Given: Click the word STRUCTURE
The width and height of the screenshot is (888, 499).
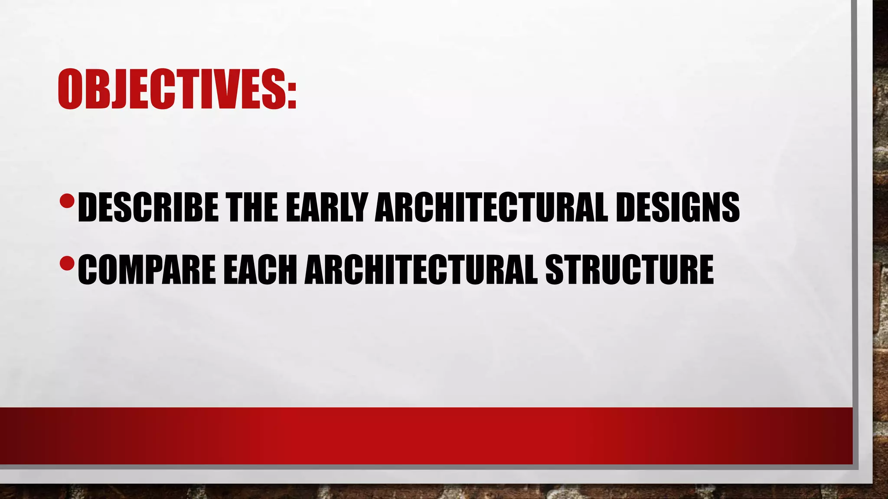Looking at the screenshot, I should pos(629,269).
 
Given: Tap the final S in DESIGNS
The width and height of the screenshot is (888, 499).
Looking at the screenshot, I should pos(730,207).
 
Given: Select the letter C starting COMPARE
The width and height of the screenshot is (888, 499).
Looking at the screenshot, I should pos(87,269).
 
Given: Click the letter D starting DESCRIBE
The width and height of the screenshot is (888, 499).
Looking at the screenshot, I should pos(88,207).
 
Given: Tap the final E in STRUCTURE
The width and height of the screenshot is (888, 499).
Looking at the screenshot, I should pos(705,269).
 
